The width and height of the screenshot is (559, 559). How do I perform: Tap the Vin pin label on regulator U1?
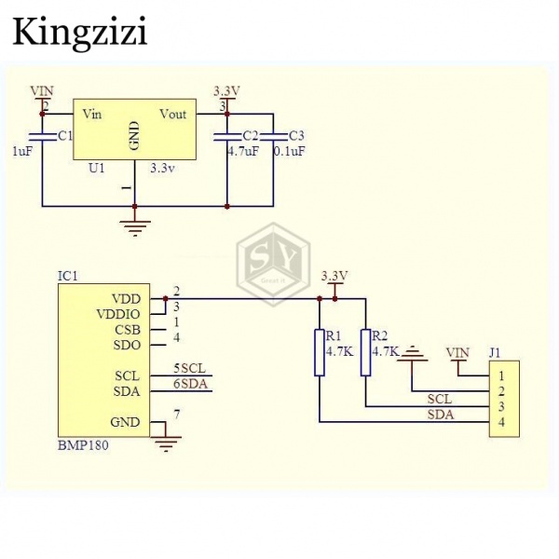(x=91, y=115)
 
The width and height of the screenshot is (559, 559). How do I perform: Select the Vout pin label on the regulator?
(x=172, y=115)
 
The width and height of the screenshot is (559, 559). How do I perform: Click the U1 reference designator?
(x=95, y=169)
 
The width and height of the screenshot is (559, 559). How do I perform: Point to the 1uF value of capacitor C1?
(x=21, y=151)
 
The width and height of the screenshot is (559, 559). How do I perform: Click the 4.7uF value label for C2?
(x=242, y=151)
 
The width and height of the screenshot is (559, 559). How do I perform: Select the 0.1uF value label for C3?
(x=289, y=151)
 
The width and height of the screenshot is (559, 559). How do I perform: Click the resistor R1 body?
(x=320, y=352)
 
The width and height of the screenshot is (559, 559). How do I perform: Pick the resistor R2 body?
(x=365, y=352)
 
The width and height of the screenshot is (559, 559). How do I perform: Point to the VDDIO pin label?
(x=118, y=314)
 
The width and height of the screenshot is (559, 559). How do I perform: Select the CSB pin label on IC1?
(x=128, y=329)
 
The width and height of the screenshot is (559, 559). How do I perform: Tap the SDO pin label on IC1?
(x=128, y=345)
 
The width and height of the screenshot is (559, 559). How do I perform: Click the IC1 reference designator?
(x=67, y=276)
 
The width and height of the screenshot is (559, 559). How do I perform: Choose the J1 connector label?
(x=495, y=352)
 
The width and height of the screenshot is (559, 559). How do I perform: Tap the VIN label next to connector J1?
(x=457, y=352)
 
